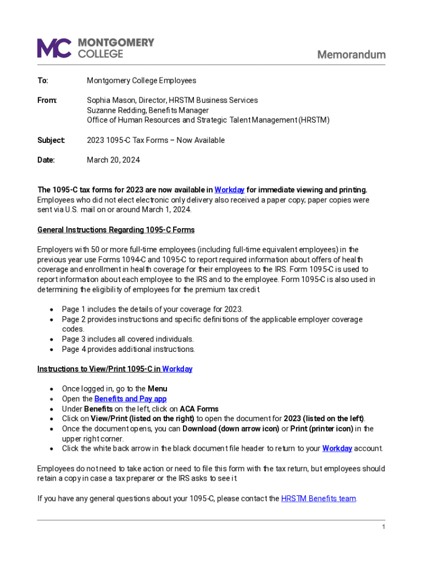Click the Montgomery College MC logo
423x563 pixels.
tap(54, 48)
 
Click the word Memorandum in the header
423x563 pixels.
tap(352, 54)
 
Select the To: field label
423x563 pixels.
tap(43, 81)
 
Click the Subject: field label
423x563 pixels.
tap(51, 140)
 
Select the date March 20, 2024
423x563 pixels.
tap(113, 160)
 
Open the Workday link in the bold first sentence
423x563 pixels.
tap(229, 190)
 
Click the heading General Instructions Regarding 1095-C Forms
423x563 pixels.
tap(116, 230)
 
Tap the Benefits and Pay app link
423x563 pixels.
tap(130, 399)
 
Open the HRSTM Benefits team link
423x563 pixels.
tap(319, 499)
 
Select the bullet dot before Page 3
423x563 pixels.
tap(51, 339)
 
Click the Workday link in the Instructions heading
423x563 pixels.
tap(177, 369)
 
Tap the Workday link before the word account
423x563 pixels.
tap(337, 448)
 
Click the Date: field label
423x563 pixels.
tap(46, 160)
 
